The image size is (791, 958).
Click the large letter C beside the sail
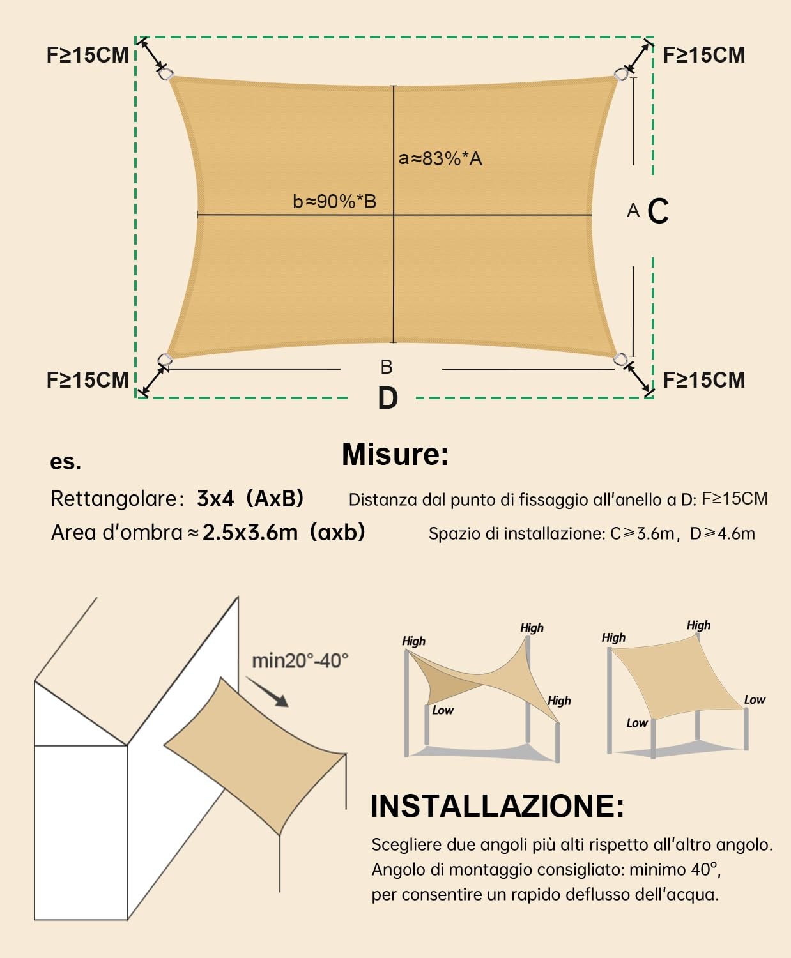(x=658, y=211)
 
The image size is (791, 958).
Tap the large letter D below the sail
(x=388, y=398)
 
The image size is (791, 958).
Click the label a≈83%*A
(x=440, y=158)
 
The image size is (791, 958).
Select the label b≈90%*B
(x=334, y=201)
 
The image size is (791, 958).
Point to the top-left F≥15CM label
(x=88, y=55)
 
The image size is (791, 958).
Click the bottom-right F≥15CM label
(x=704, y=380)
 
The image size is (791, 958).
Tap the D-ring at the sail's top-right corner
(x=620, y=74)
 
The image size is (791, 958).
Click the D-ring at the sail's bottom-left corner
(x=165, y=360)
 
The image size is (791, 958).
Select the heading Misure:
(x=395, y=454)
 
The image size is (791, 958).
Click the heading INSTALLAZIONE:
(x=497, y=806)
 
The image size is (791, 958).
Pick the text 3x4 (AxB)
(x=250, y=498)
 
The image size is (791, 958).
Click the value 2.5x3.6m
(x=250, y=532)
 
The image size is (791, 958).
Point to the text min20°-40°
(x=300, y=660)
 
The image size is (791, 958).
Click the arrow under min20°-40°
(x=268, y=692)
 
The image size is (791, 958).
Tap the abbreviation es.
(x=65, y=461)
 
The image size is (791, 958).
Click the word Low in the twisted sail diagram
(x=442, y=710)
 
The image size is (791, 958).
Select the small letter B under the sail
(x=386, y=367)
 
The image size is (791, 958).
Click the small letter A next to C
(x=633, y=211)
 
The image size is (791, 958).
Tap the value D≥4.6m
(x=722, y=533)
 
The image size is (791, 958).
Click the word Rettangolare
(x=114, y=498)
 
